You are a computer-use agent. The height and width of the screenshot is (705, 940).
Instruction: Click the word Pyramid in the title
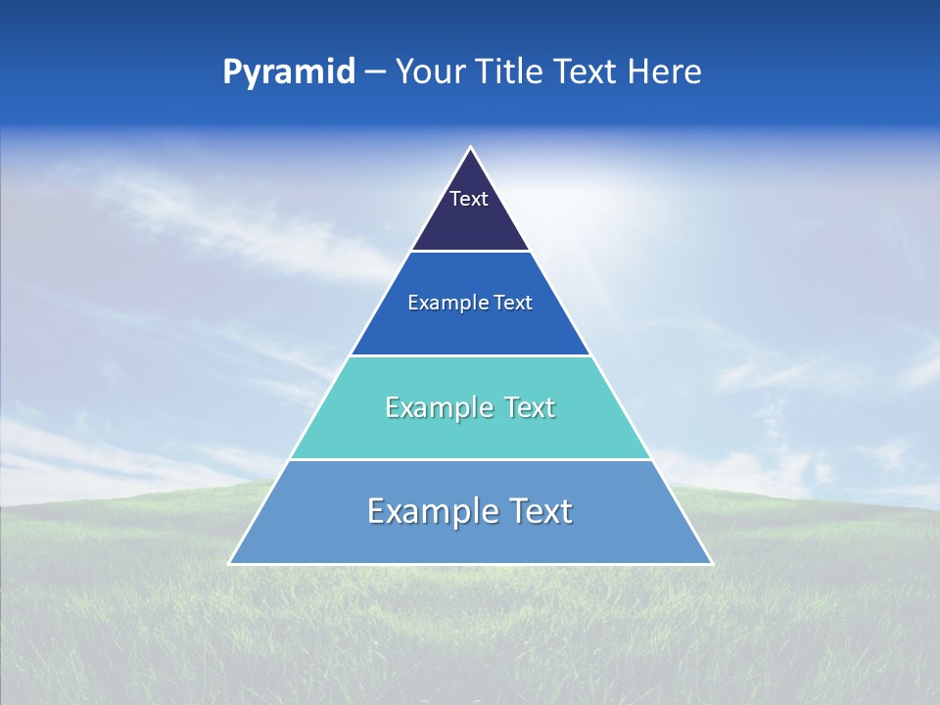click(289, 72)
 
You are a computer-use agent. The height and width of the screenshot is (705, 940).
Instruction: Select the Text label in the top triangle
click(469, 199)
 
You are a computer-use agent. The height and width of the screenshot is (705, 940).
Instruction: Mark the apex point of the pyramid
click(470, 148)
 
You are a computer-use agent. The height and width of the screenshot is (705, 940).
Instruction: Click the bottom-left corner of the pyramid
click(229, 564)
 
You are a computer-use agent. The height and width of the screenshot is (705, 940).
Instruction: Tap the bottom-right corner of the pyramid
click(712, 564)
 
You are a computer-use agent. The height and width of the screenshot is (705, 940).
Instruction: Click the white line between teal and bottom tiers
click(470, 459)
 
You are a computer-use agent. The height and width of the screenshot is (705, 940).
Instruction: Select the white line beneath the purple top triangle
click(470, 252)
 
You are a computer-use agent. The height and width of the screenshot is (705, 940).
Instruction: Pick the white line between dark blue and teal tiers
click(470, 355)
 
